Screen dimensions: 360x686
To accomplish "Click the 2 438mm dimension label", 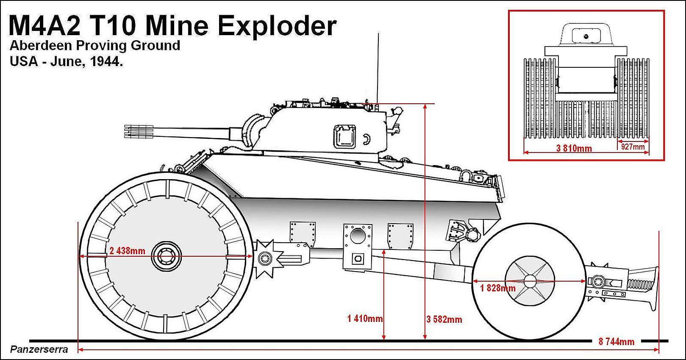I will point(127,251).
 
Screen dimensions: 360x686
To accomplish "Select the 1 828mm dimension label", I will point(498,288).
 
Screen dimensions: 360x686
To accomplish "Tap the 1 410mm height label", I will point(365,318).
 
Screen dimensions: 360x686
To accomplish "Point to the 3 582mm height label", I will point(444,319).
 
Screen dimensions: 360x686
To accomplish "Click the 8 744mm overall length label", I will point(617,342).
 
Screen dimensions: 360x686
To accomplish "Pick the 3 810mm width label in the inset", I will point(574,148).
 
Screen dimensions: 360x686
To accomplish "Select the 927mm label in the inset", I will point(633,147).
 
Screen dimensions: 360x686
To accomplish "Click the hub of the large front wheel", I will point(165,257).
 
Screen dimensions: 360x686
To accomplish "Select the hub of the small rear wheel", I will point(530,281).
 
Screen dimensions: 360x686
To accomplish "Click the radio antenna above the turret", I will point(377,64).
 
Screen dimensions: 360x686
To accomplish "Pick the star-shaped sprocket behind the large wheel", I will point(267,258).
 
